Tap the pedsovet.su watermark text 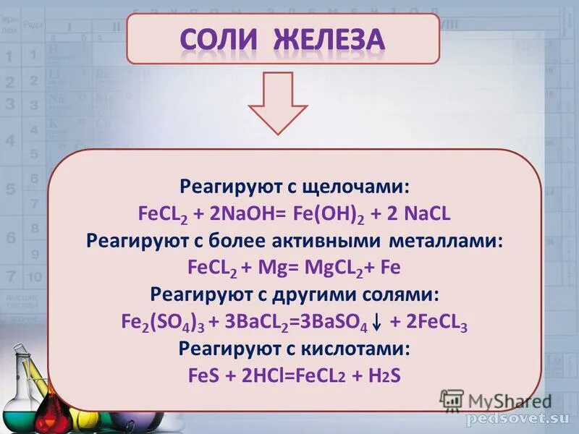tap(518, 420)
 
